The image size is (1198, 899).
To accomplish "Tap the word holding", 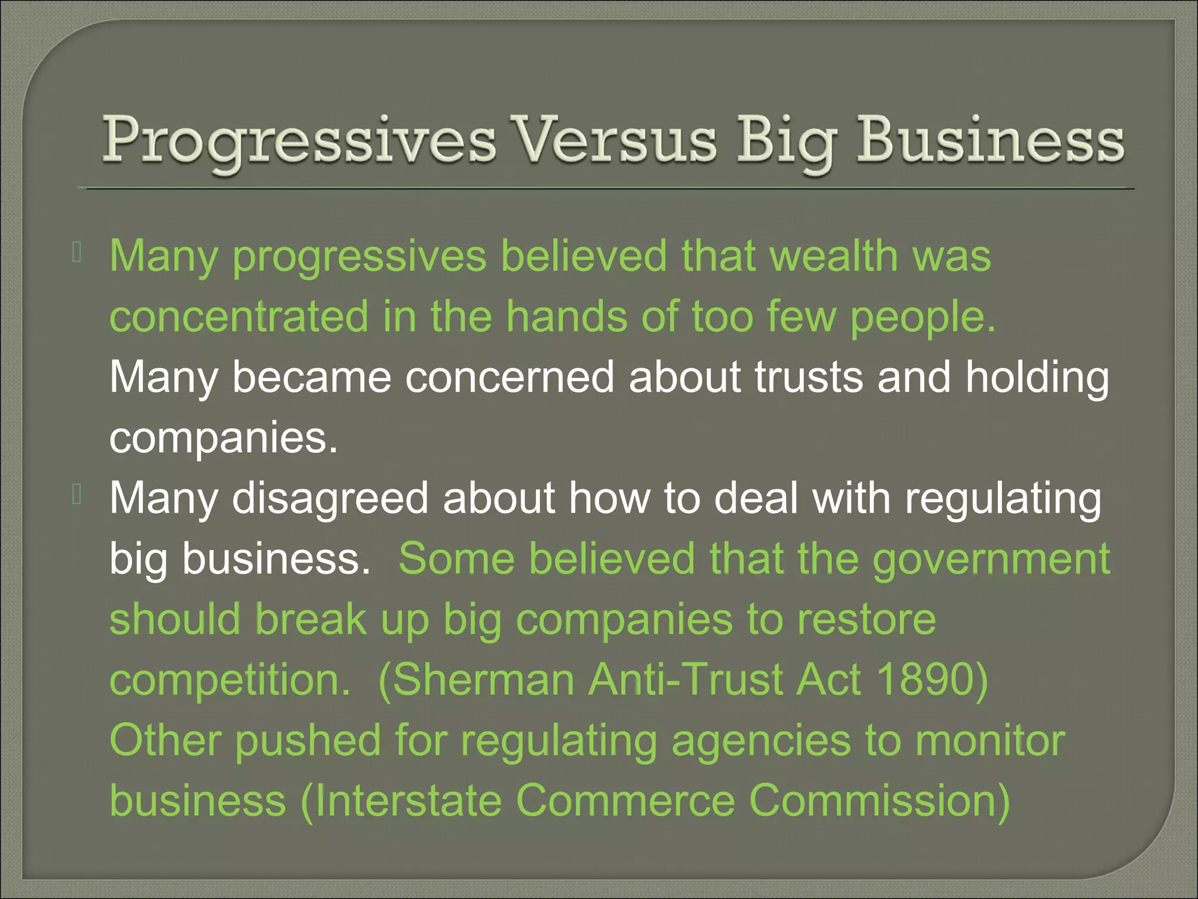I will [1037, 379].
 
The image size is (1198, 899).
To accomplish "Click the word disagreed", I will [331, 499].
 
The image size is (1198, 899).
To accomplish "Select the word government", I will [991, 560].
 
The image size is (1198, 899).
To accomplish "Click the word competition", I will [229, 680].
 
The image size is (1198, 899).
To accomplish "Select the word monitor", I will [990, 740].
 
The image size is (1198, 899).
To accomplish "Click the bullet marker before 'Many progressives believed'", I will [77, 253].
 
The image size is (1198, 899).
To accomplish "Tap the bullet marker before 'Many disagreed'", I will [77, 495].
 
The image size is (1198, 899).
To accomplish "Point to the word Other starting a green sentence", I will [165, 740].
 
